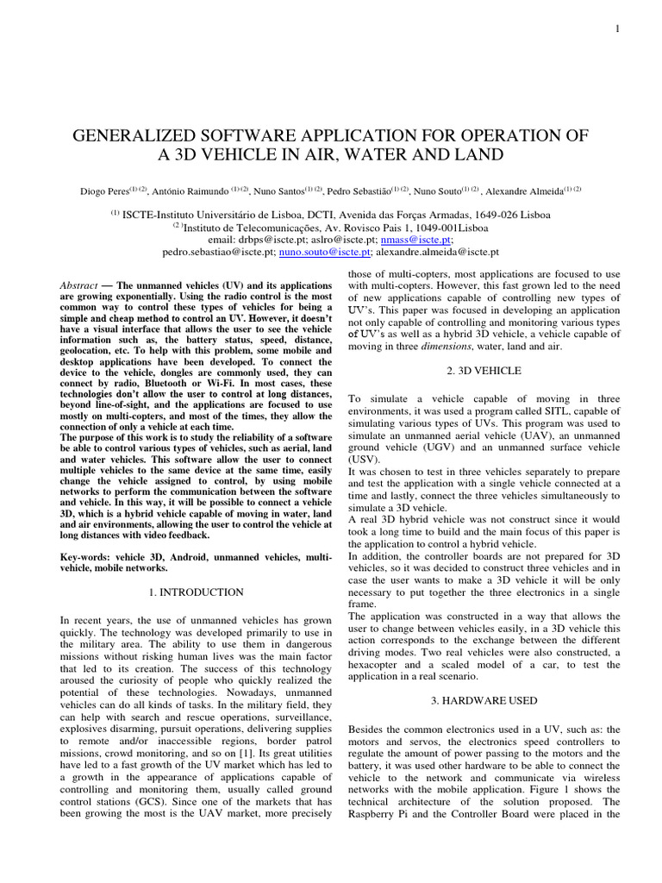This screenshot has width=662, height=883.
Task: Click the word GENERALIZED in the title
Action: (144, 136)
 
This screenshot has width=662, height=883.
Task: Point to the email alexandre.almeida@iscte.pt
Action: (438, 253)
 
